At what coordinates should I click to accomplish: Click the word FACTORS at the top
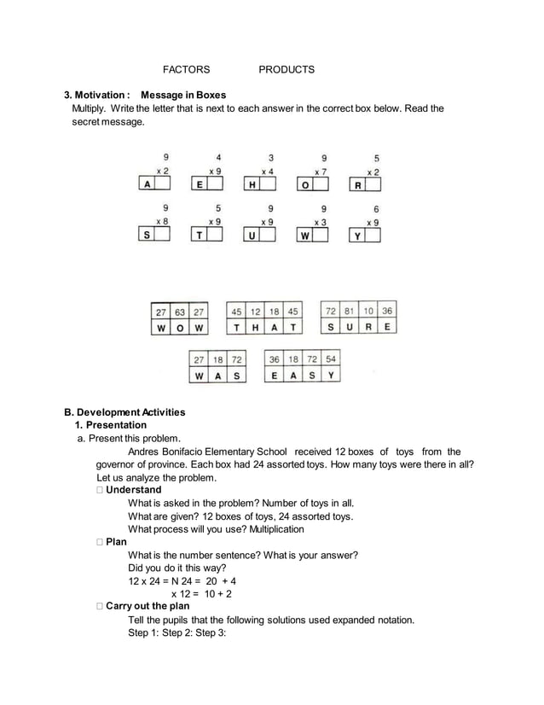point(186,69)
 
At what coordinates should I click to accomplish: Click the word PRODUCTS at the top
point(286,69)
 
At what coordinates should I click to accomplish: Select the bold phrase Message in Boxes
point(183,95)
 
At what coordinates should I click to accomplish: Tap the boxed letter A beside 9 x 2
point(147,184)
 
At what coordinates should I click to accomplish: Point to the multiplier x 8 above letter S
point(162,221)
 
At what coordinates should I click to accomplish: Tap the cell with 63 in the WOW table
point(180,312)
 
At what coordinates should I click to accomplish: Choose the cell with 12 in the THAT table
point(255,312)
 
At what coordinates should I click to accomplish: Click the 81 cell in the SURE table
point(349,312)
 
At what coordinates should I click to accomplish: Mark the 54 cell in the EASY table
point(331,360)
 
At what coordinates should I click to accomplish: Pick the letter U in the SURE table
point(349,327)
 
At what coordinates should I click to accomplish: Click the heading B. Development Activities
point(128,412)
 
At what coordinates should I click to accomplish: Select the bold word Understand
point(133,490)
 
